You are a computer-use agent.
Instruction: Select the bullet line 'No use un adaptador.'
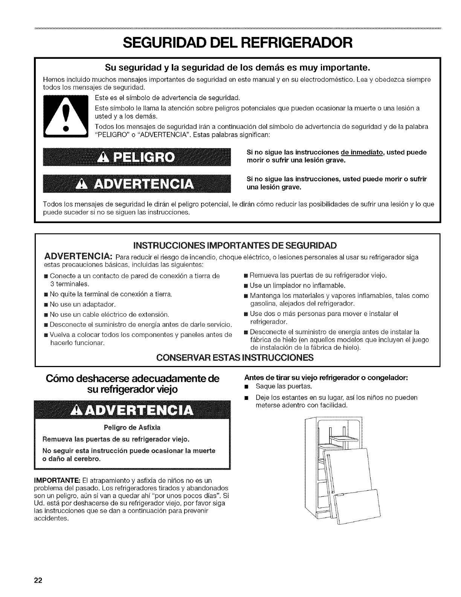82,304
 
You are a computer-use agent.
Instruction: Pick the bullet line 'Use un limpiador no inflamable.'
298,285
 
